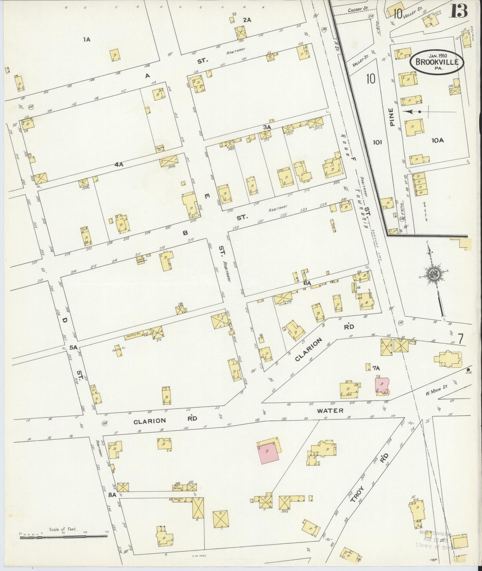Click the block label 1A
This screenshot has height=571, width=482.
pos(87,40)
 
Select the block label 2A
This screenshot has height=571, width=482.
pos(247,20)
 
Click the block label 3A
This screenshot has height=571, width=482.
pos(267,127)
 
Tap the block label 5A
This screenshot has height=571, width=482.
pos(73,347)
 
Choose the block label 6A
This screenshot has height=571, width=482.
pos(307,283)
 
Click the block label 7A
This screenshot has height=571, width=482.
pos(376,368)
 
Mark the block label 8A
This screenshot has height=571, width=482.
pos(112,495)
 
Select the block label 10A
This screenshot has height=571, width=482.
pos(437,141)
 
